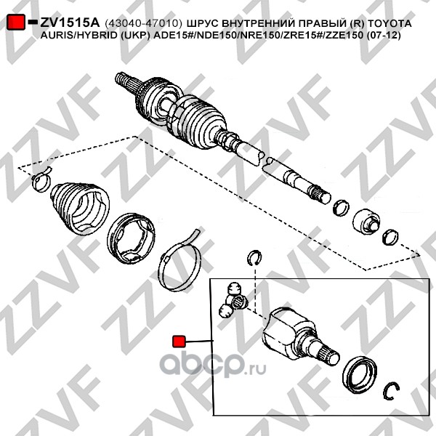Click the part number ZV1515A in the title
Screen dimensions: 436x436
tap(70, 23)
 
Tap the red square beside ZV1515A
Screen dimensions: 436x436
tap(15, 22)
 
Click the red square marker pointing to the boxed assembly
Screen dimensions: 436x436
tap(179, 342)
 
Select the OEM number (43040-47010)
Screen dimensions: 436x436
tap(143, 23)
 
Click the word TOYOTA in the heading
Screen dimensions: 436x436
tap(389, 23)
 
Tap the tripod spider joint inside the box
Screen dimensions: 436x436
tap(233, 300)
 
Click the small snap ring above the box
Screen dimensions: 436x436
tap(254, 258)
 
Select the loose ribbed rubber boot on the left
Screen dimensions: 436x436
tap(79, 210)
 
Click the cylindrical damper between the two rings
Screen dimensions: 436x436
tap(366, 222)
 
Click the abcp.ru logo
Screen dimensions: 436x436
tap(212, 364)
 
